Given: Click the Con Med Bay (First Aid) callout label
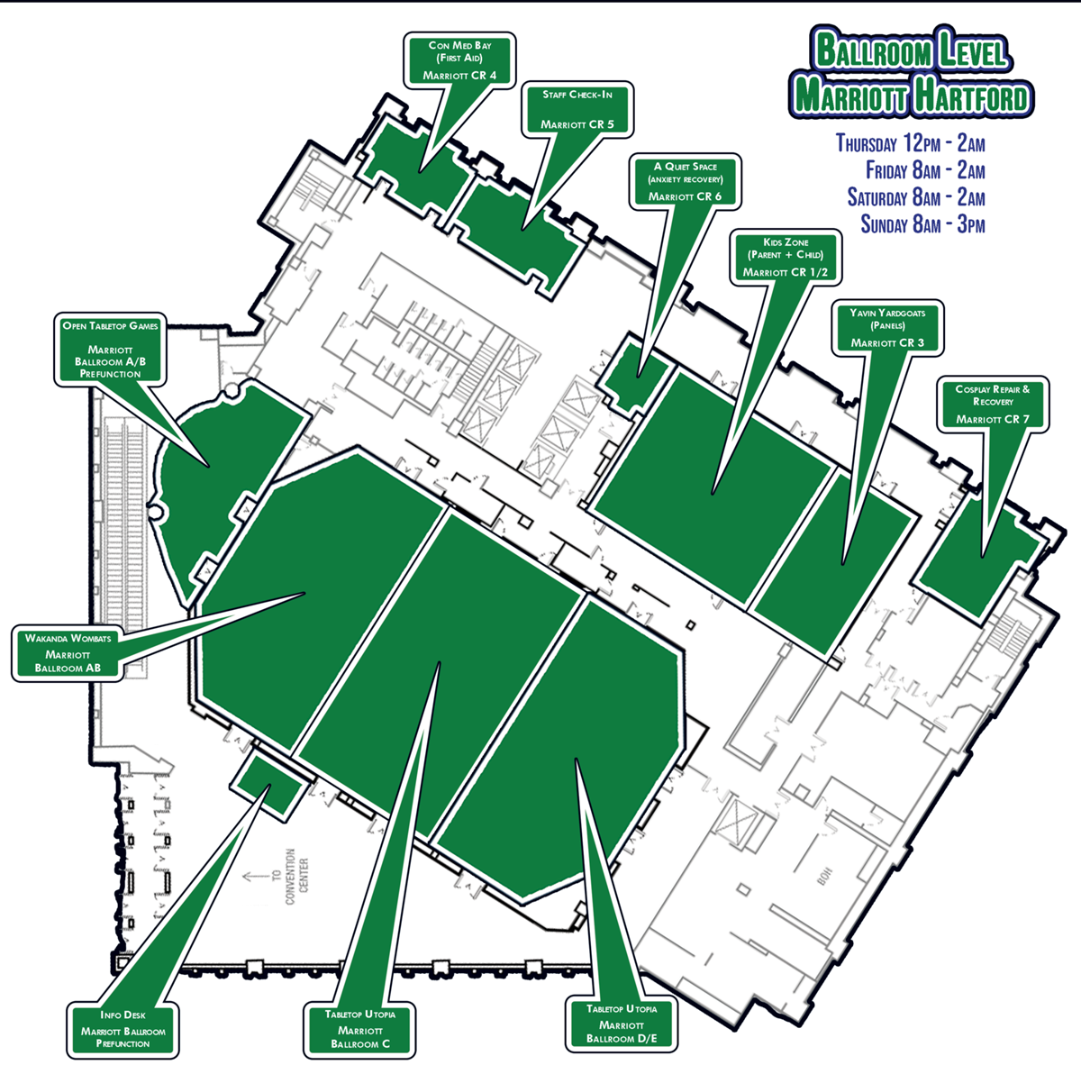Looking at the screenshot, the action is point(460,60).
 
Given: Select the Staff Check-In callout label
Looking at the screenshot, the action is point(577,109).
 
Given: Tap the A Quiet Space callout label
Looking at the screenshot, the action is point(686,181).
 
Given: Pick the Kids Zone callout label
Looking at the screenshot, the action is point(786,257).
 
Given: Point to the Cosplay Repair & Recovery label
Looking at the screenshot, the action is point(993,405).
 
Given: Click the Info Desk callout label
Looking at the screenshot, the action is point(123,1029).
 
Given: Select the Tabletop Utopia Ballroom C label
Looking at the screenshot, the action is point(360,1029).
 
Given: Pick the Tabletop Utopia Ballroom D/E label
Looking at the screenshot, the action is point(622,1024).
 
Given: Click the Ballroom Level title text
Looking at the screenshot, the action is point(910,50).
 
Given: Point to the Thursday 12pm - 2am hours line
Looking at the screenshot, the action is point(910,143).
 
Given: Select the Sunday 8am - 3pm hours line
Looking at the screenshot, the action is point(922,224).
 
